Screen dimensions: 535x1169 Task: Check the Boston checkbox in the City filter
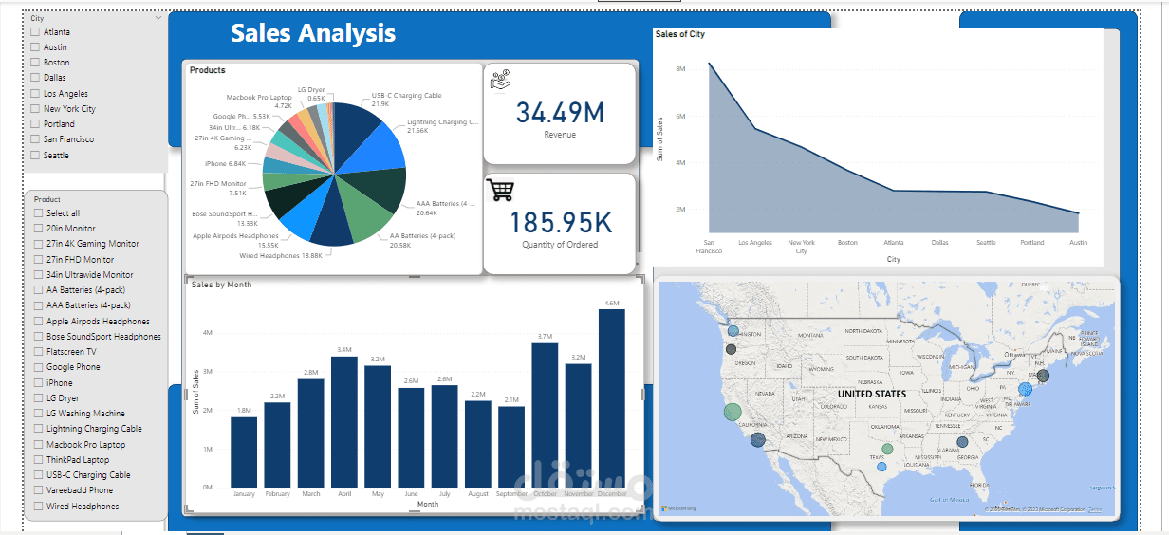pyautogui.click(x=35, y=63)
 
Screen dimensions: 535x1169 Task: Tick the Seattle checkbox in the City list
pyautogui.click(x=35, y=156)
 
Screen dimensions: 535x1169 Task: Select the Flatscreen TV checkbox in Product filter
pyautogui.click(x=38, y=352)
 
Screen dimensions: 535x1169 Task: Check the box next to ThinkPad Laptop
pyautogui.click(x=38, y=460)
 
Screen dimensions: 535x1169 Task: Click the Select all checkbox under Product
pyautogui.click(x=38, y=213)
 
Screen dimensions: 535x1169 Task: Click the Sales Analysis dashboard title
pyautogui.click(x=312, y=33)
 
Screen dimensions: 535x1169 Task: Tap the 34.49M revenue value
pyautogui.click(x=560, y=113)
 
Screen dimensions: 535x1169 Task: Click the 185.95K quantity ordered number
pyautogui.click(x=560, y=223)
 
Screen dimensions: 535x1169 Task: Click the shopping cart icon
pyautogui.click(x=500, y=190)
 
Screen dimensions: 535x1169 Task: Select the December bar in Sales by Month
pyautogui.click(x=612, y=398)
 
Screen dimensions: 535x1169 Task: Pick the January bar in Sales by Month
pyautogui.click(x=244, y=452)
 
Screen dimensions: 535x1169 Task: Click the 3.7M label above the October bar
pyautogui.click(x=545, y=337)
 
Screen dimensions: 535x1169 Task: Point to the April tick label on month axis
pyautogui.click(x=343, y=494)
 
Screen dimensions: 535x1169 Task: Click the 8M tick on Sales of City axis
pyautogui.click(x=680, y=69)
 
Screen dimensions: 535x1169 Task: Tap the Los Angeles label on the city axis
pyautogui.click(x=755, y=243)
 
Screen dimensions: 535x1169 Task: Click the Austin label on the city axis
pyautogui.click(x=1078, y=243)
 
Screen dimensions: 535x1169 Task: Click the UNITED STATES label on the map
pyautogui.click(x=871, y=394)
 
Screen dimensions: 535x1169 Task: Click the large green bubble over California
pyautogui.click(x=733, y=412)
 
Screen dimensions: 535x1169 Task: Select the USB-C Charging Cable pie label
pyautogui.click(x=406, y=96)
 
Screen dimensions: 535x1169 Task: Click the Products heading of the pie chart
pyautogui.click(x=208, y=70)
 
